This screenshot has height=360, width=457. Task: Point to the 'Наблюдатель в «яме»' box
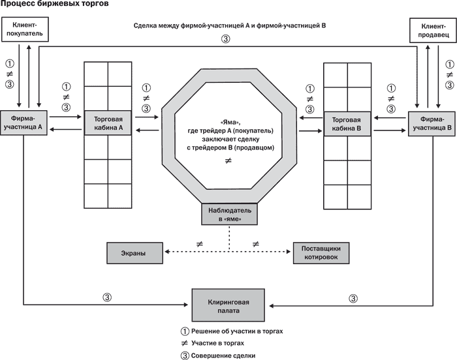229,215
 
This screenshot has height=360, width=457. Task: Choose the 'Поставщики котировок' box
321,253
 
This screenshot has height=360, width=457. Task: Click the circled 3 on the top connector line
227,38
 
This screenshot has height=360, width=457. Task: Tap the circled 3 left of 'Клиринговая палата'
108,298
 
